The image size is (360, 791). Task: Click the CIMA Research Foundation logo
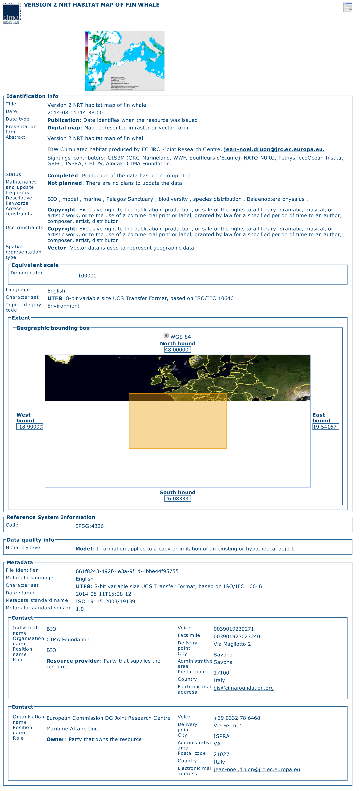pyautogui.click(x=12, y=13)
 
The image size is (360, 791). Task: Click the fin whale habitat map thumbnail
pyautogui.click(x=124, y=61)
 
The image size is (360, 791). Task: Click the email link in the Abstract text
pyautogui.click(x=274, y=150)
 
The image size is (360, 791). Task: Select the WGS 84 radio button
pyautogui.click(x=166, y=336)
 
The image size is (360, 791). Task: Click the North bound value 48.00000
pyautogui.click(x=177, y=350)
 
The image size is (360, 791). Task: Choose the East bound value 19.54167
pyautogui.click(x=325, y=427)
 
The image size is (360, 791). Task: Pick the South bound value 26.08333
pyautogui.click(x=177, y=499)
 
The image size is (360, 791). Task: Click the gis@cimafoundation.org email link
pyautogui.click(x=244, y=688)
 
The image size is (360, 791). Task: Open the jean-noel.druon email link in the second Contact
pyautogui.click(x=257, y=769)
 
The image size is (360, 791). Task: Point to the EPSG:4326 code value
pyautogui.click(x=89, y=526)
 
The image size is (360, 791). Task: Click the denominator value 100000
pyautogui.click(x=87, y=276)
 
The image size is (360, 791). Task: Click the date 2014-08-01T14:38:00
pyautogui.click(x=75, y=113)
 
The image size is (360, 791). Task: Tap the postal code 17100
pyautogui.click(x=221, y=673)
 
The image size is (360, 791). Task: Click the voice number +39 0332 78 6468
pyautogui.click(x=237, y=718)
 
